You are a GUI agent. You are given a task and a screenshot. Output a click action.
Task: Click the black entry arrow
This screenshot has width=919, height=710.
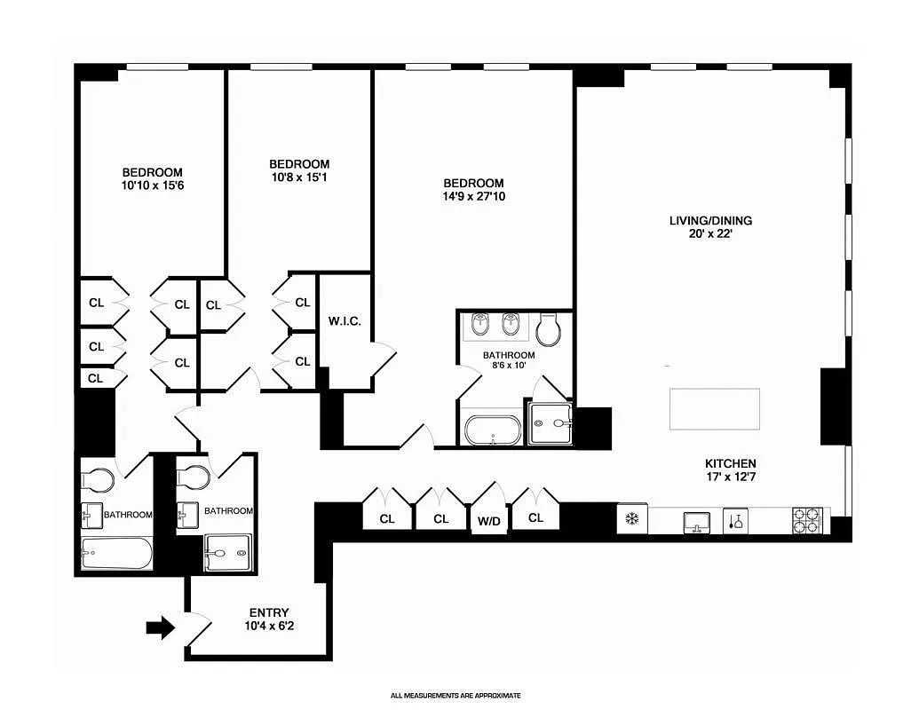[161, 628]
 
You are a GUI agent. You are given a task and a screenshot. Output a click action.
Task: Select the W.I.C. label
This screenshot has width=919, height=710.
[344, 321]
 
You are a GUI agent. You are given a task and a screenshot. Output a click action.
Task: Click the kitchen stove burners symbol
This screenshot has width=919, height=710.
[807, 520]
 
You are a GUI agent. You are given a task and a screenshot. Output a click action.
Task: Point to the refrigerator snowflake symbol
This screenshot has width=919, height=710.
[632, 519]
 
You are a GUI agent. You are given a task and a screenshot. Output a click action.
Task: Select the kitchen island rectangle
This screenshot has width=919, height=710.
[715, 409]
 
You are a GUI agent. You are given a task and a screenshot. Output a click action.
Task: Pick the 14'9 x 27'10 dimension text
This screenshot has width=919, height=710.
[475, 196]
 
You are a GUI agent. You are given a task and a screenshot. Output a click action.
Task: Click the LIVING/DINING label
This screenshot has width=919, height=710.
[717, 220]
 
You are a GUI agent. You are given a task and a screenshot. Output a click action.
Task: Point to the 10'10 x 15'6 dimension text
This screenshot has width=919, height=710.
[152, 185]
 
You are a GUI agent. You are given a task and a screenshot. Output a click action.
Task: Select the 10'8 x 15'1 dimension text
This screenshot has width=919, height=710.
[299, 177]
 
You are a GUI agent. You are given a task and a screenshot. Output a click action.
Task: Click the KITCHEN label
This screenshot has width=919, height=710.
[730, 463]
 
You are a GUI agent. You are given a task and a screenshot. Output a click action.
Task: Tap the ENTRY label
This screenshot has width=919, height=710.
[268, 612]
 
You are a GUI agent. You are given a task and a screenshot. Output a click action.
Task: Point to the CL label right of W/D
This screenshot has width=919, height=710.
[535, 518]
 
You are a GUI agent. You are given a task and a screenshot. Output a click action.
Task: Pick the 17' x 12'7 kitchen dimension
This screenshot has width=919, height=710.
[730, 477]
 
